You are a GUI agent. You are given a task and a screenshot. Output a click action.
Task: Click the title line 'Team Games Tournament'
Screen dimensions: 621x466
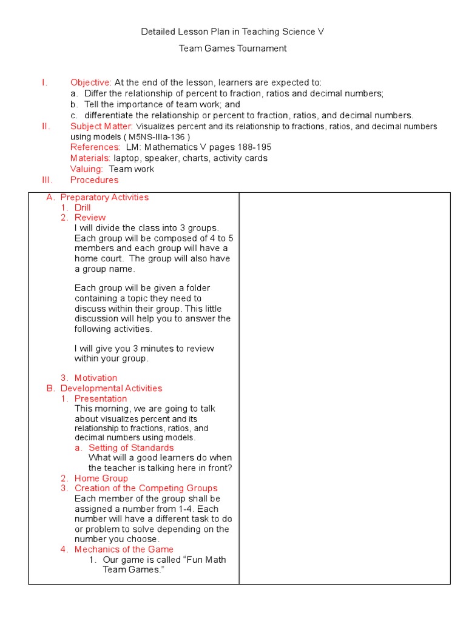[232, 49]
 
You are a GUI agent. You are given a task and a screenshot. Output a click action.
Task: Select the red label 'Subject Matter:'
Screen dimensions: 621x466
[101, 126]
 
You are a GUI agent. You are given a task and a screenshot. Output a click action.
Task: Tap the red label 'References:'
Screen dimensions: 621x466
[95, 147]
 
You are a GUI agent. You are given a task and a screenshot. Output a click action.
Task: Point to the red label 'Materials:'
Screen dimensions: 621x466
[90, 158]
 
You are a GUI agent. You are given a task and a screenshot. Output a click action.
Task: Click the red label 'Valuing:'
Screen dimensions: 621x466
[87, 169]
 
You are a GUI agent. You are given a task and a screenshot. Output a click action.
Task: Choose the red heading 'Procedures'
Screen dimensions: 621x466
[94, 180]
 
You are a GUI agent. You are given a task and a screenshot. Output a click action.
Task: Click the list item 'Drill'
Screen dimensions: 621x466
[83, 207]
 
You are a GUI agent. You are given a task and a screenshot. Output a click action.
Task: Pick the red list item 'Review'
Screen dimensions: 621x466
[90, 218]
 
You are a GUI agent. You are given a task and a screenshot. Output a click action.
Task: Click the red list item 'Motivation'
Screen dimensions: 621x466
[96, 378]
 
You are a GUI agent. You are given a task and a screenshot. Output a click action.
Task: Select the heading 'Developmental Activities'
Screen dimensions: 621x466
[111, 388]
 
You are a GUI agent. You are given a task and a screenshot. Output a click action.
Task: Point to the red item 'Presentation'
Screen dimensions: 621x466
[101, 398]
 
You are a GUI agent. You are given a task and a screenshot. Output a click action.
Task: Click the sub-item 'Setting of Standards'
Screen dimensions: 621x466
[131, 448]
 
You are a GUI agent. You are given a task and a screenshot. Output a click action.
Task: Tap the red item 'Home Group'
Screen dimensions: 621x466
[101, 478]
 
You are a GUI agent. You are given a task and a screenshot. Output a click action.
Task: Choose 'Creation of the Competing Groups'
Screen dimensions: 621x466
[146, 488]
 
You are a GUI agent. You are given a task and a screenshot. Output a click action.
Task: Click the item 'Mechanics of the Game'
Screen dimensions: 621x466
[124, 549]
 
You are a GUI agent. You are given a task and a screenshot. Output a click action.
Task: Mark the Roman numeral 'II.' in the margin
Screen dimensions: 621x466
[46, 126]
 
